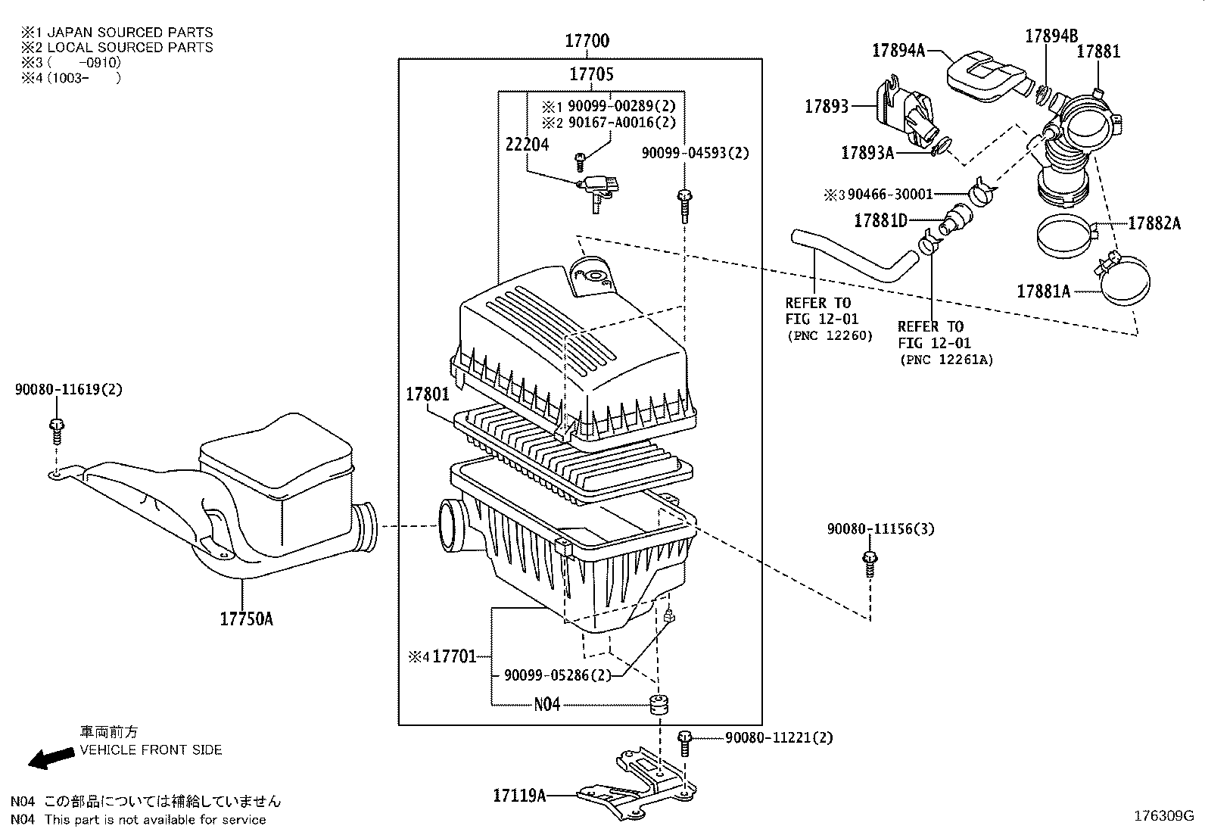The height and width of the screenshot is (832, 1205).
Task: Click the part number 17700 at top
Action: pyautogui.click(x=587, y=41)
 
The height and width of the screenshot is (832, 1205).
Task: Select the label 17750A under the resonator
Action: pyautogui.click(x=246, y=619)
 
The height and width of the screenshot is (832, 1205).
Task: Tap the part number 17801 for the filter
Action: pyautogui.click(x=427, y=394)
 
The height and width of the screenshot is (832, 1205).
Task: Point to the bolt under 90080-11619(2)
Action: pyautogui.click(x=57, y=432)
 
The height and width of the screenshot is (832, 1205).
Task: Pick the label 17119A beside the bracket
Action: pyautogui.click(x=519, y=795)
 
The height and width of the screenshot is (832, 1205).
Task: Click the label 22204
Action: pyautogui.click(x=527, y=144)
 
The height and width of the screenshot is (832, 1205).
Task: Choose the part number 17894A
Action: pyautogui.click(x=898, y=50)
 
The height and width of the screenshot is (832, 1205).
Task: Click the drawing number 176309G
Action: pyautogui.click(x=1163, y=816)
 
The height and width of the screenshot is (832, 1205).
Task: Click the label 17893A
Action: pyautogui.click(x=867, y=153)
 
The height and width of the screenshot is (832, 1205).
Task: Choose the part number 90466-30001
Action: pyautogui.click(x=890, y=195)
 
